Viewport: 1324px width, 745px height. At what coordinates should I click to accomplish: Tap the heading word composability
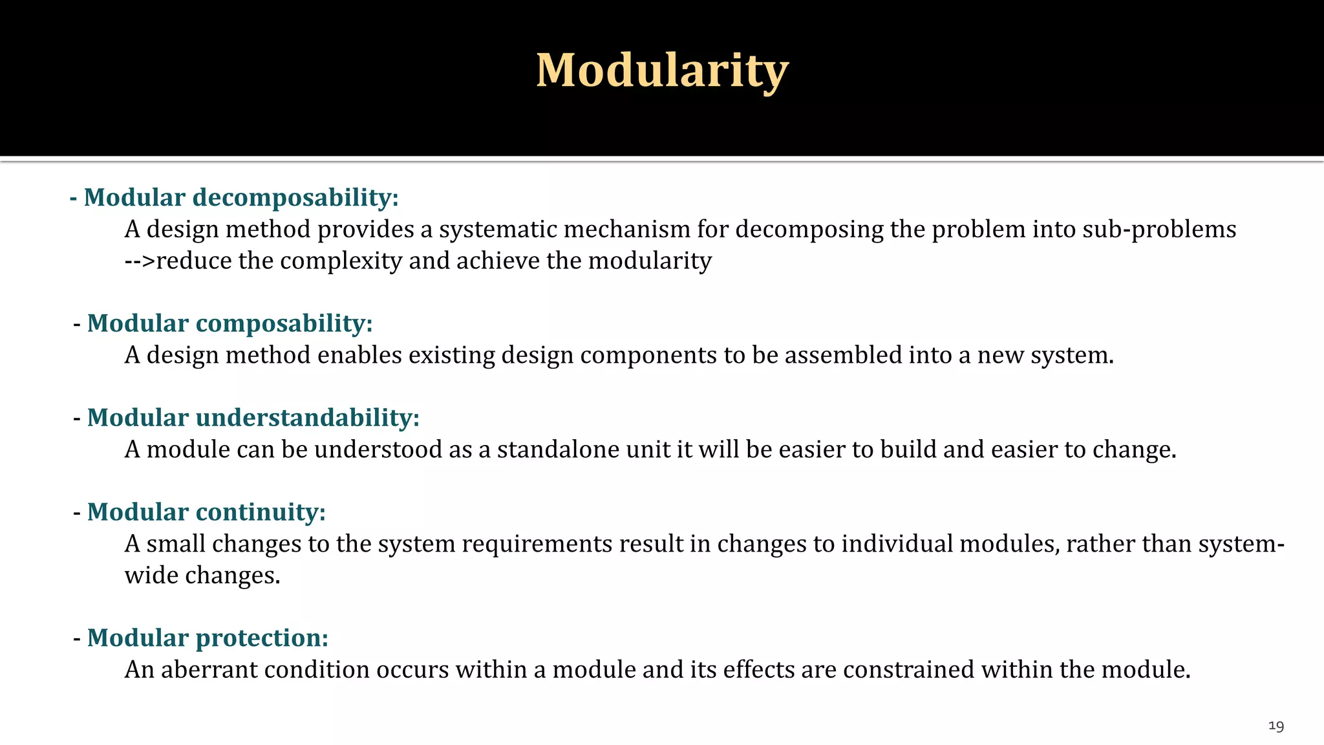point(284,323)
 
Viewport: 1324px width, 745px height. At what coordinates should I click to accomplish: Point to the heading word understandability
point(308,418)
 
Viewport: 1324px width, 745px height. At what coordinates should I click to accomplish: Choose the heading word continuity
point(261,512)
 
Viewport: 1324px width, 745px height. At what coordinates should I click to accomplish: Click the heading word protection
point(262,638)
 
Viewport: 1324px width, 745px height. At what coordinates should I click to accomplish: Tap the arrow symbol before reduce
point(140,261)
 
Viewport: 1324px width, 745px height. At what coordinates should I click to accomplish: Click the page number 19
point(1276,726)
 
